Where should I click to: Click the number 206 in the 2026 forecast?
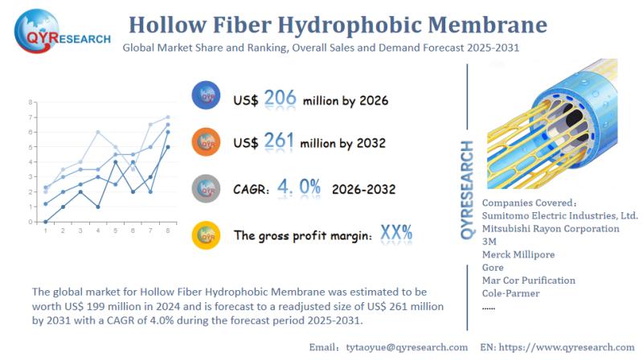(x=281, y=100)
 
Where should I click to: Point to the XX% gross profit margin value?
(x=396, y=234)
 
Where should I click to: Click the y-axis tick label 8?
(x=30, y=102)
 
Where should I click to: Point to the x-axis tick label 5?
(x=115, y=231)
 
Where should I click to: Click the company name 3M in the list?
(x=489, y=241)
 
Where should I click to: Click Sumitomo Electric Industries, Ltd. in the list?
(x=559, y=215)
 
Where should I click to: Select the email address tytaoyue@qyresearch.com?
(x=406, y=347)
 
